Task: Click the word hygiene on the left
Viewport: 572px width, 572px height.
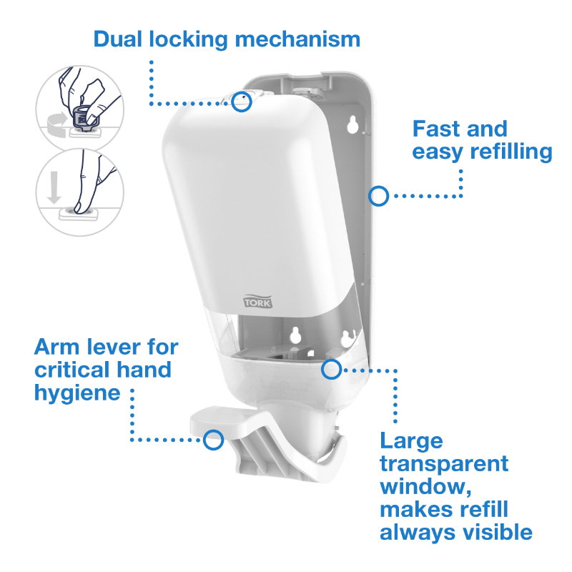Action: tap(78, 393)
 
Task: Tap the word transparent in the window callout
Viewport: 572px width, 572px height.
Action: tap(444, 463)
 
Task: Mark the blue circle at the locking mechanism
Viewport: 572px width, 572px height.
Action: tap(242, 102)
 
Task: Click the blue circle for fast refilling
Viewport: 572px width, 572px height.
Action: tap(378, 194)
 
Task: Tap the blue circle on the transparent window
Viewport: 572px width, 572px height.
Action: tap(331, 370)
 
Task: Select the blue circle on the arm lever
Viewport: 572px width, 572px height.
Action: tap(212, 439)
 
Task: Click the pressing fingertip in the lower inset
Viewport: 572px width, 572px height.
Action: tap(79, 206)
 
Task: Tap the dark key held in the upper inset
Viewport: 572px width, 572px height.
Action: tap(84, 114)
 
